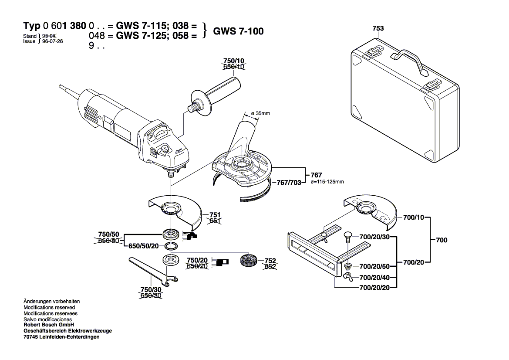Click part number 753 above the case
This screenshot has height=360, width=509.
tap(378, 28)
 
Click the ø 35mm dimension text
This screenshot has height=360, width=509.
tap(260, 113)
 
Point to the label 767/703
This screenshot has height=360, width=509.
tap(290, 183)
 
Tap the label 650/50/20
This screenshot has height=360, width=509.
tap(144, 246)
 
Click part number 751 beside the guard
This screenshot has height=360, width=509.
tap(215, 215)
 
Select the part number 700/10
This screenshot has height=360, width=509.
tap(413, 217)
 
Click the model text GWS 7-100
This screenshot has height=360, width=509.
tap(238, 31)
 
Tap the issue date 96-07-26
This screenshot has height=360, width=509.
tap(52, 41)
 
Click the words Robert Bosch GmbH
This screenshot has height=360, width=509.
tap(49, 325)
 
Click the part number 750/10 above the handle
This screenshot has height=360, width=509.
tap(234, 61)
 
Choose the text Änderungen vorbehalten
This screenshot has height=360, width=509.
tap(51, 302)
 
